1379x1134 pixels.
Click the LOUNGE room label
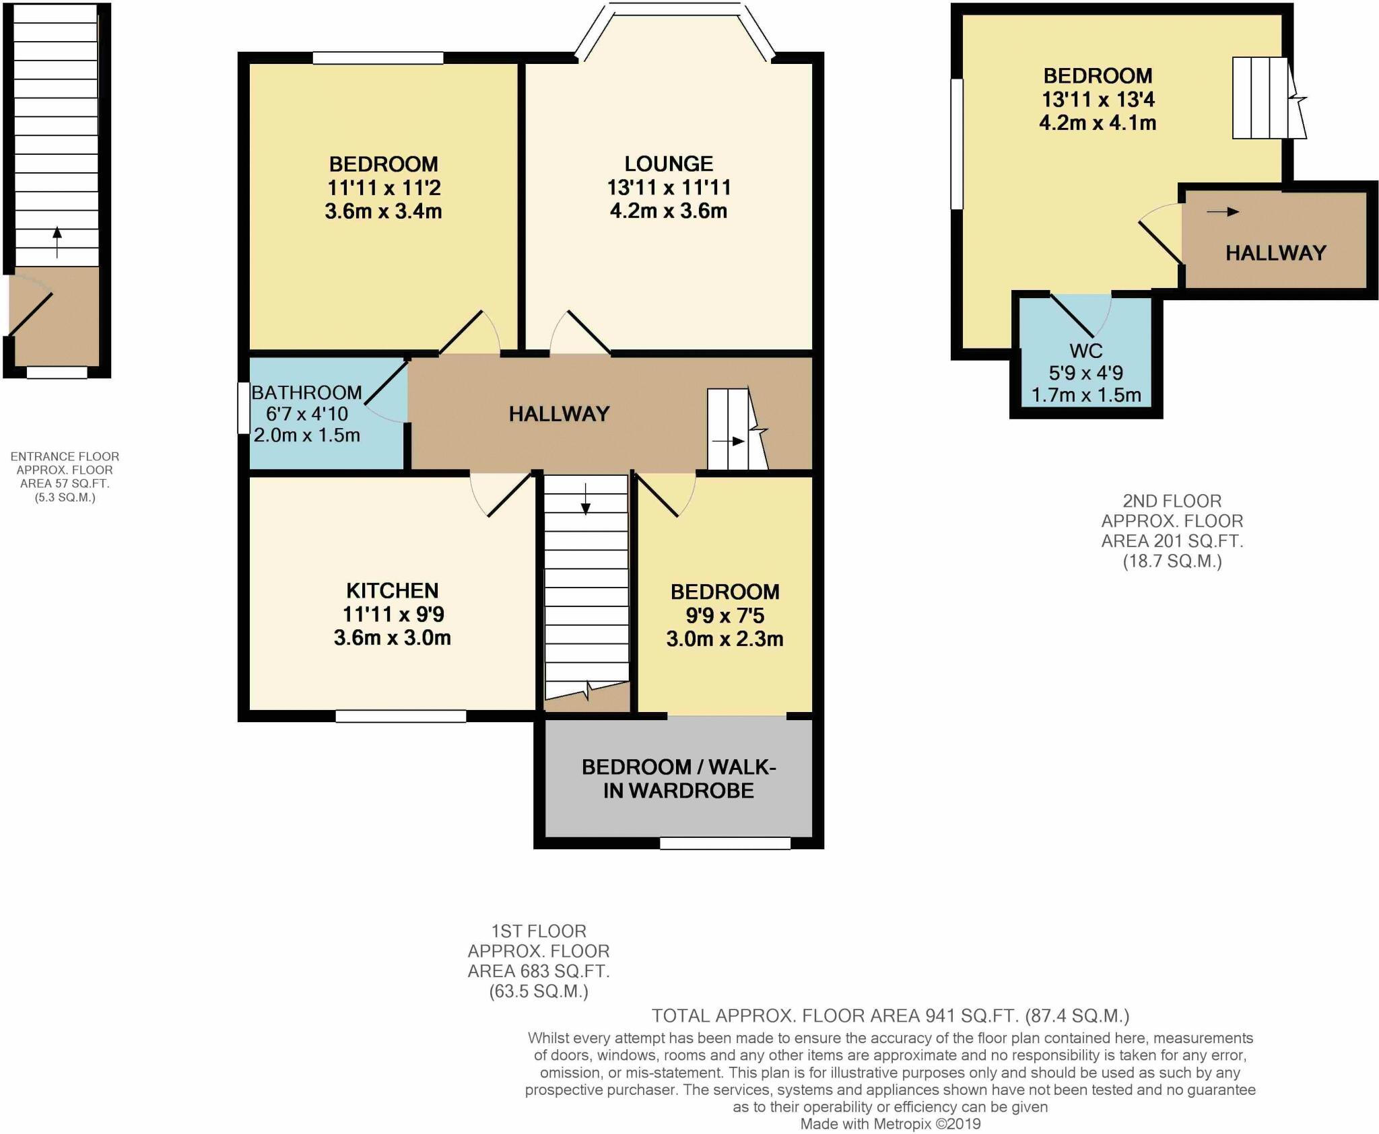[668, 164]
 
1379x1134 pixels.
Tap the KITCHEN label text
[392, 591]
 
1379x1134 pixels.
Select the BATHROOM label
[306, 392]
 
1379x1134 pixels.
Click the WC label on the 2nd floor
[1085, 351]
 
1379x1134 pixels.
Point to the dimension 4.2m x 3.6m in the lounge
[668, 211]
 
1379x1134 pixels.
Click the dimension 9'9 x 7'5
[725, 615]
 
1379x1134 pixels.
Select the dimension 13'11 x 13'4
[1098, 100]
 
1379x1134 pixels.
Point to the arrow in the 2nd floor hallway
[1222, 212]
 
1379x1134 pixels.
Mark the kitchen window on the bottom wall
[401, 717]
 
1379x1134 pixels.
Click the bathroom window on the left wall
[243, 409]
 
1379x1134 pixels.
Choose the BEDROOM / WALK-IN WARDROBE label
[678, 779]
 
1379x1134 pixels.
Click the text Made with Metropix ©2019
[890, 1124]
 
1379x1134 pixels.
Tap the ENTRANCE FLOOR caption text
[65, 456]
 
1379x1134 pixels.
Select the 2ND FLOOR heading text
[1172, 501]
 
